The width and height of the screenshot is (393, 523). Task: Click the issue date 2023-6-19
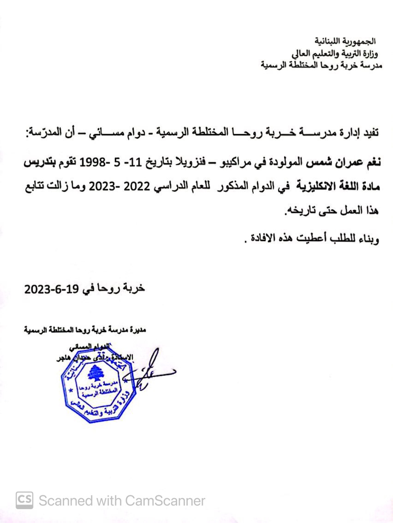tap(53, 289)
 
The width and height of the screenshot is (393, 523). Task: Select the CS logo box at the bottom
tap(24, 500)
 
